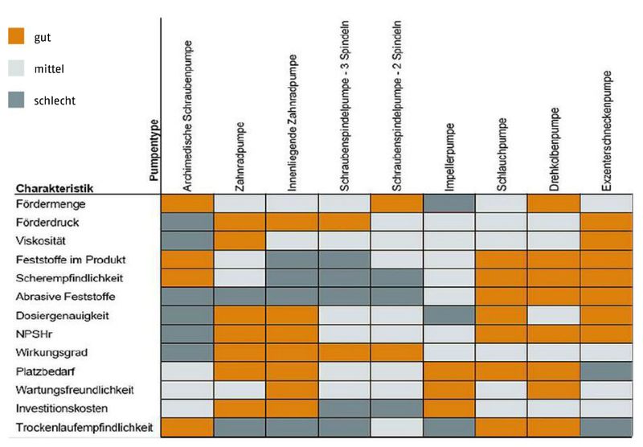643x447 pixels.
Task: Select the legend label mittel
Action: click(50, 69)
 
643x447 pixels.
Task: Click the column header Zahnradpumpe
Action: click(240, 156)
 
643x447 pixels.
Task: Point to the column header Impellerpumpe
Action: click(450, 156)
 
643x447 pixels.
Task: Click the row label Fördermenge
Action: click(45, 205)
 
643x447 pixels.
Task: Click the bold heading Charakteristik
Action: click(54, 188)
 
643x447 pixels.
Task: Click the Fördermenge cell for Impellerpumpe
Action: click(449, 204)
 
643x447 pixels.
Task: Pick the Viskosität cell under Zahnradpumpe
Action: click(240, 240)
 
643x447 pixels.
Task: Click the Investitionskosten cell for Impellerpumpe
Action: click(449, 408)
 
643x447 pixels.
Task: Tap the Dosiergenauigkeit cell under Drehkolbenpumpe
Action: click(555, 315)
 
